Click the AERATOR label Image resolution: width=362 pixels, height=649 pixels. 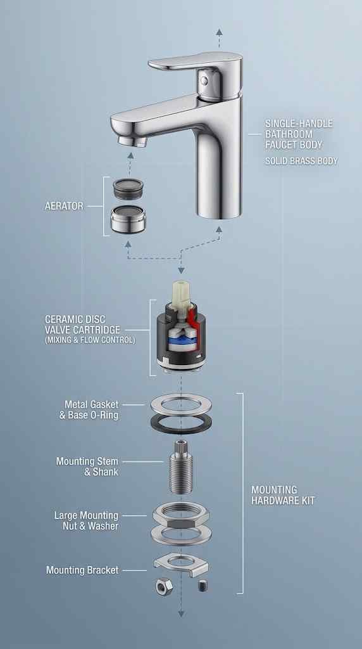[64, 206]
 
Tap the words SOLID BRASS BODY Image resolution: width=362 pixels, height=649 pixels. [301, 160]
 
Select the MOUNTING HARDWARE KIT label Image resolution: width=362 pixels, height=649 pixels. [283, 496]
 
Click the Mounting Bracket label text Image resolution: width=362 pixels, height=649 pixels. [82, 570]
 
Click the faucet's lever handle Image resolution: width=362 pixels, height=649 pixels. [195, 61]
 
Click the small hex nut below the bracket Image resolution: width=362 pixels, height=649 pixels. [164, 586]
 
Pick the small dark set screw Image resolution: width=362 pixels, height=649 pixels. [203, 585]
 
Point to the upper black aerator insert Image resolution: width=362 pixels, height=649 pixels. [128, 188]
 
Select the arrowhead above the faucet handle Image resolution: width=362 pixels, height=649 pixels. [219, 32]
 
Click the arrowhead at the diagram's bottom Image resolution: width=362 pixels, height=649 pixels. [181, 614]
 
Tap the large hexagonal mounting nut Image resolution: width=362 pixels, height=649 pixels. [181, 515]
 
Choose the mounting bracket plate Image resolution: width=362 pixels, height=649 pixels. [181, 564]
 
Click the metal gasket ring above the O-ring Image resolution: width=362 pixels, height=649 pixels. [181, 405]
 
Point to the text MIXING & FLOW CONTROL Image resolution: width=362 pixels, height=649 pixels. [90, 341]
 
